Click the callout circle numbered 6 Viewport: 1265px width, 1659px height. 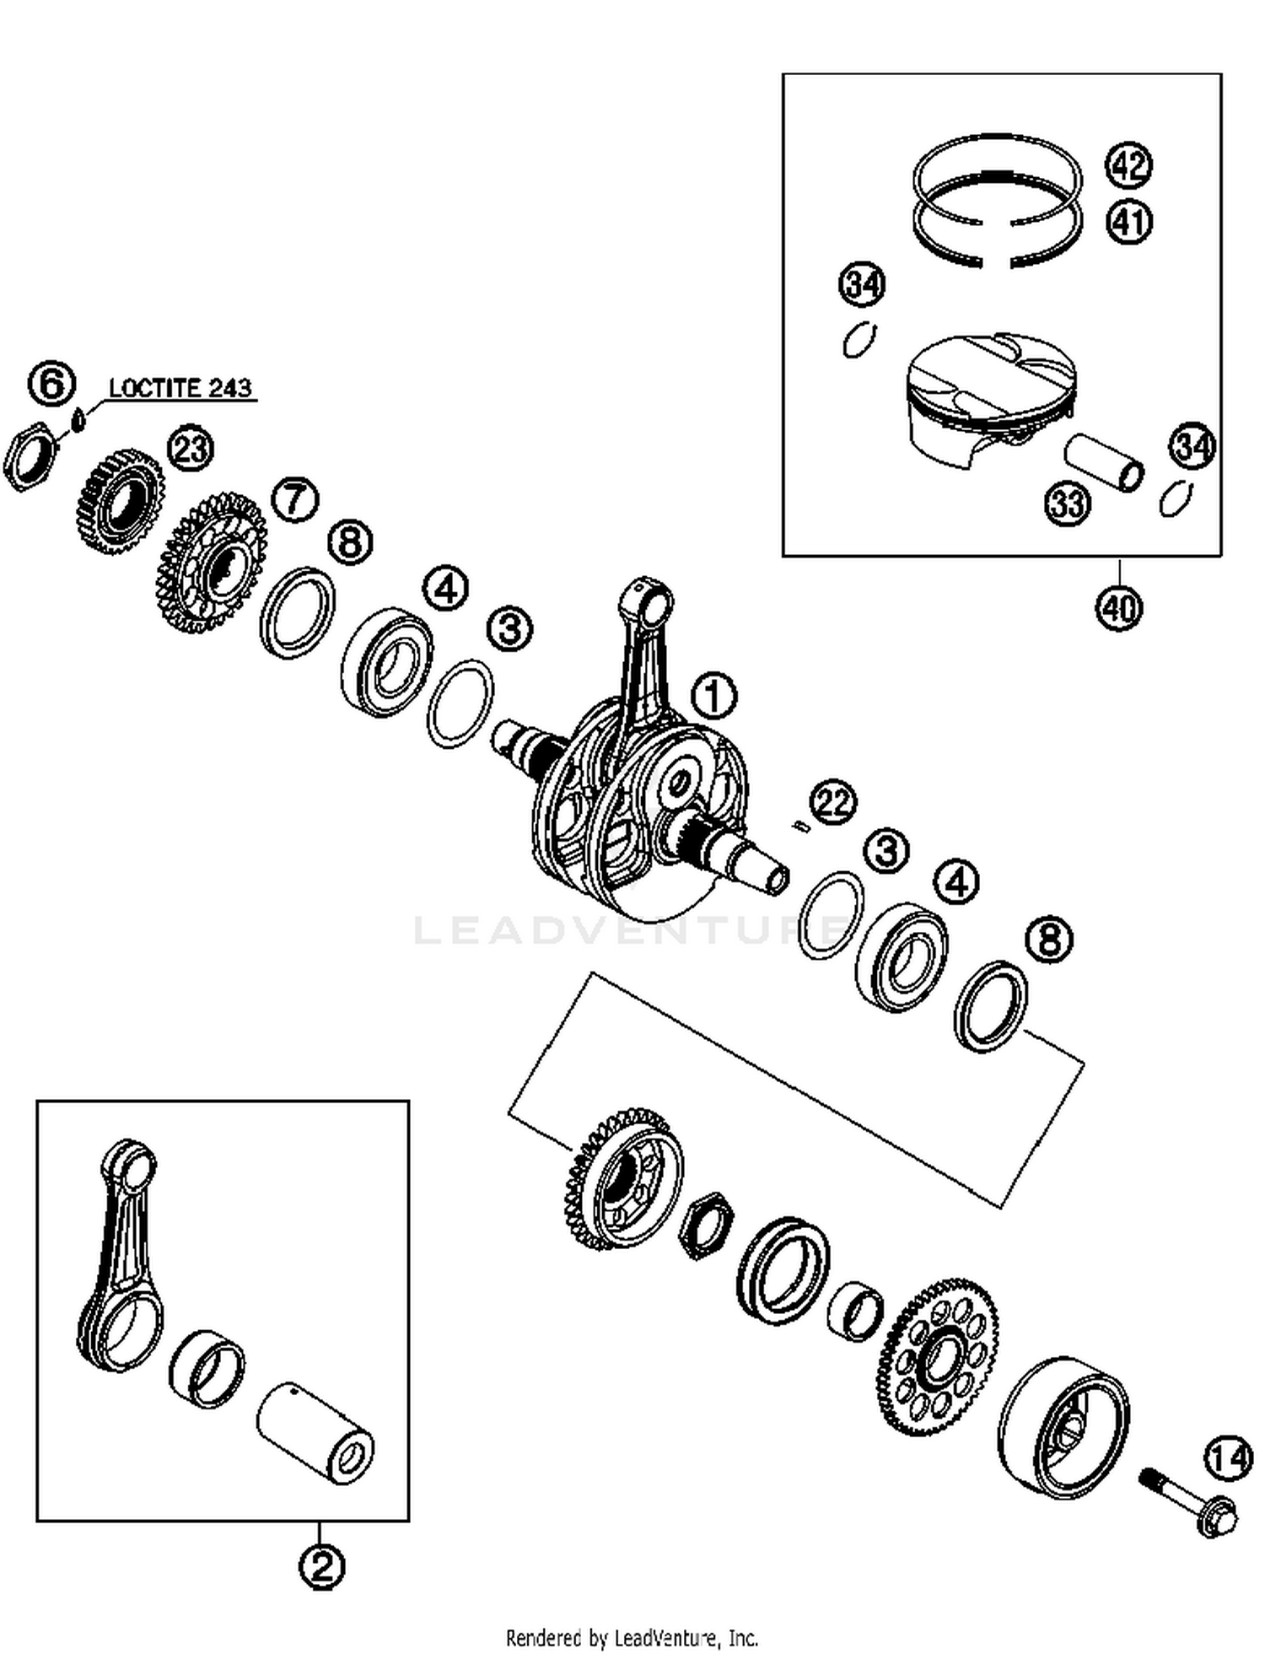click(51, 385)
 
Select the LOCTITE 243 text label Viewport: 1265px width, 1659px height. click(180, 388)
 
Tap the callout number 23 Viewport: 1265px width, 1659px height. click(191, 449)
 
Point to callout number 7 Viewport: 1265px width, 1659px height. click(294, 499)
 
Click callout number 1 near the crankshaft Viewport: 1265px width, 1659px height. click(713, 697)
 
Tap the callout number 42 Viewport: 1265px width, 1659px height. click(1128, 164)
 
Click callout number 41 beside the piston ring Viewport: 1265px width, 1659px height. click(1128, 222)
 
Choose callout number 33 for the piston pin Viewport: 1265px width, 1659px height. click(1068, 504)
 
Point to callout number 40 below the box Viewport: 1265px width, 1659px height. click(1119, 607)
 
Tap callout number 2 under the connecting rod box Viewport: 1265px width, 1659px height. click(321, 1567)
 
